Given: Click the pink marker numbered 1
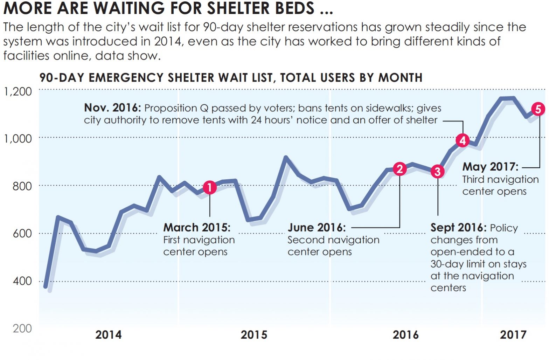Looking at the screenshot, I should coord(209,187).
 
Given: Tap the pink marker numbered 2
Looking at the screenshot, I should coord(399,169).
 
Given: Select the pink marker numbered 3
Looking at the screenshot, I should coord(437,172).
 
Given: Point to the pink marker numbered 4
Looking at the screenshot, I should coord(463,140).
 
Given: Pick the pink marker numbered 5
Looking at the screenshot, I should coord(538,109).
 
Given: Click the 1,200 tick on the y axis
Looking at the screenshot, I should coord(18,91).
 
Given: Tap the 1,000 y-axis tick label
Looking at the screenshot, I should coord(18,139).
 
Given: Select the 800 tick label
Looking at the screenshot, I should coord(22,186).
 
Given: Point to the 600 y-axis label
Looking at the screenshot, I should coord(22,233).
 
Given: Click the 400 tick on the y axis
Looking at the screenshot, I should coord(22,281).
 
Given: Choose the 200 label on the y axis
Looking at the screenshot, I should coord(22,328).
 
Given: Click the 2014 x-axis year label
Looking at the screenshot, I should coord(109,335).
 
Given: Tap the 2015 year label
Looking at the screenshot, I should coord(254,335).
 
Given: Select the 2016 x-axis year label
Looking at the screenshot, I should coord(406,335).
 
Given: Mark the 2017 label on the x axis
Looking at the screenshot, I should coord(513,335).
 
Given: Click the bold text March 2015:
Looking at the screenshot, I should coord(197,228).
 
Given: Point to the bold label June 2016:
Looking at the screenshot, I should coord(317,228).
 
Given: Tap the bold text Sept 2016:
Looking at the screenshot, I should coord(458,228).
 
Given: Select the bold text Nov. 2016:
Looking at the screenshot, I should coord(112,108).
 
